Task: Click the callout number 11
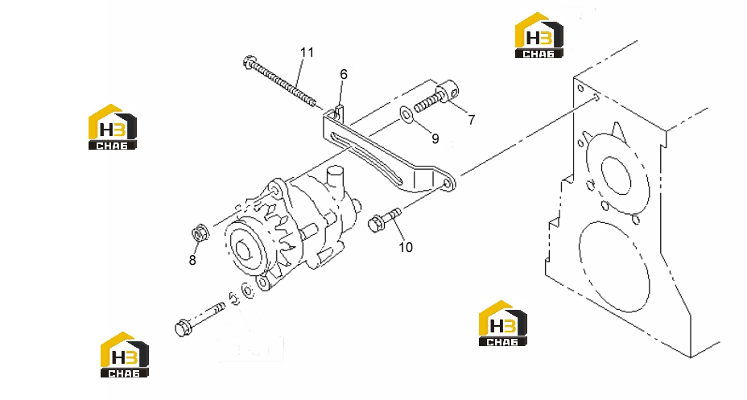click(x=307, y=52)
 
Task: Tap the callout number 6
click(x=344, y=74)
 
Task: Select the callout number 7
click(x=471, y=120)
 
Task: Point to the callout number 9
click(x=435, y=138)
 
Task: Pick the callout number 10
click(x=406, y=247)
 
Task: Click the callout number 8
click(x=192, y=260)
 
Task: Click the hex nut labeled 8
click(x=198, y=234)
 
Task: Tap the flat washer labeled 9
click(x=406, y=114)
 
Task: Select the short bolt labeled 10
click(x=385, y=220)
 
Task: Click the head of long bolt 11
click(x=250, y=62)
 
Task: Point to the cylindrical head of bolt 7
click(x=449, y=90)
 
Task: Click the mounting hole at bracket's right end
click(x=447, y=184)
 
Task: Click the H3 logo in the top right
click(x=539, y=35)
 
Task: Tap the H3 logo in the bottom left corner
click(x=124, y=355)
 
